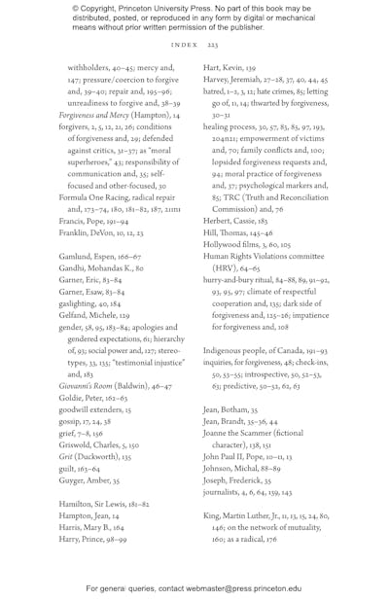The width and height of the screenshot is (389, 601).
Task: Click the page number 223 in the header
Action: pos(213,45)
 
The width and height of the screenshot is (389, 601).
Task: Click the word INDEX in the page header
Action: pos(184,45)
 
